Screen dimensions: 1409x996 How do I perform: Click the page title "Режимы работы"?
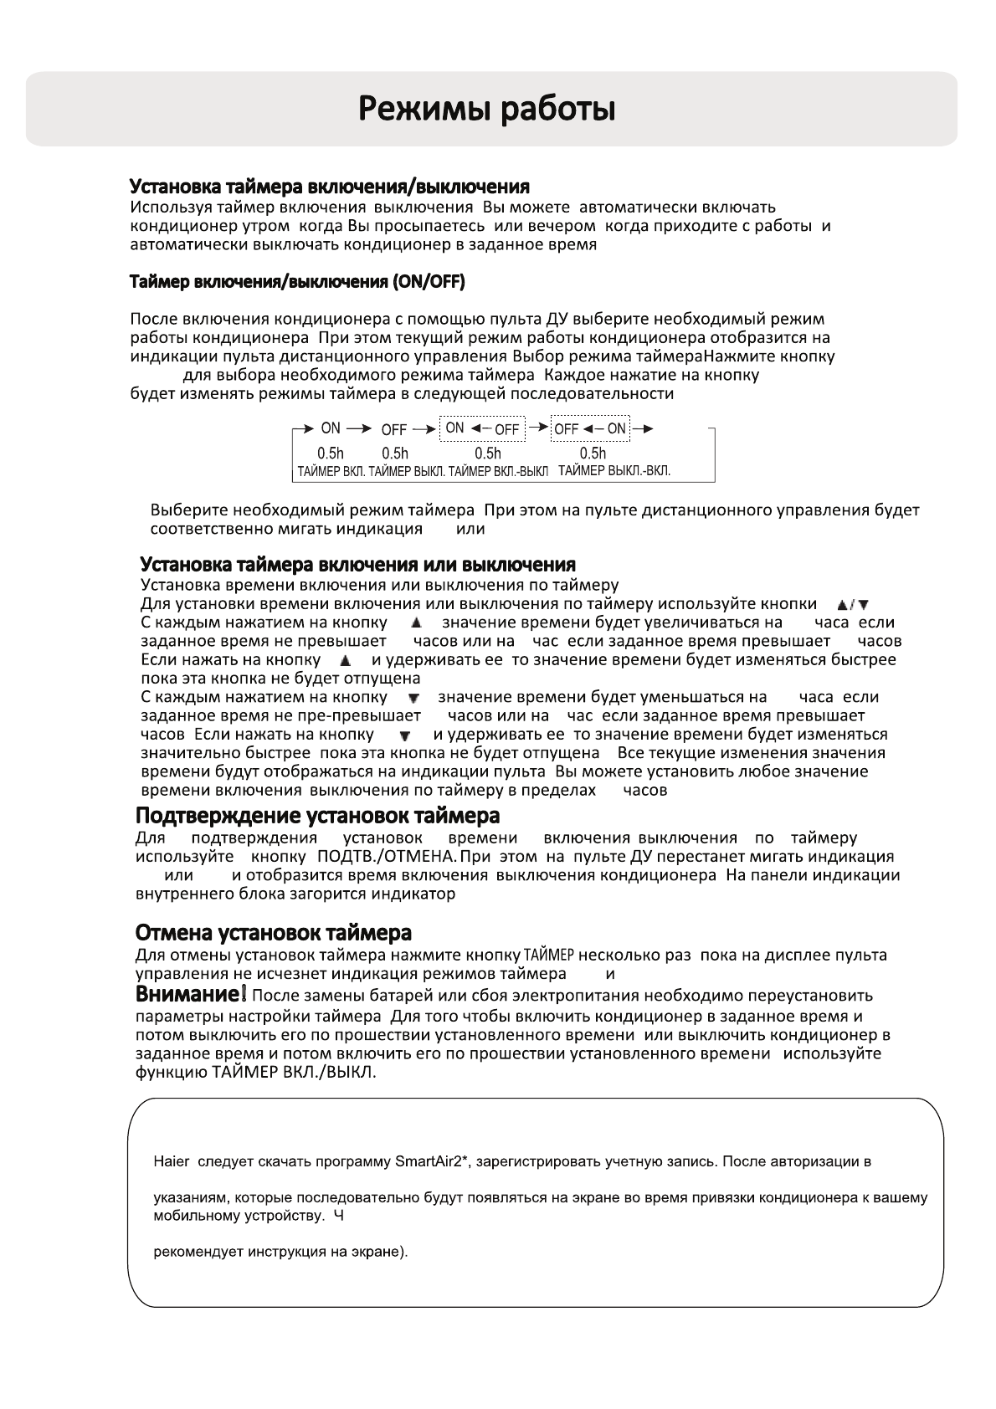click(488, 110)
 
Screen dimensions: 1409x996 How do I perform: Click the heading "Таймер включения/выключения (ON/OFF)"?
click(297, 282)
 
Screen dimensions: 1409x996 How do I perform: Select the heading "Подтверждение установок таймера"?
click(317, 815)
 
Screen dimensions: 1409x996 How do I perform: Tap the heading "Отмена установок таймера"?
click(273, 932)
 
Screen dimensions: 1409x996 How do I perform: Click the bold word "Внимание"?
click(188, 995)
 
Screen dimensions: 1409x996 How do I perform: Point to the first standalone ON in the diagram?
click(331, 428)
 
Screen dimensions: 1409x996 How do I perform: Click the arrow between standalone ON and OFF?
click(358, 429)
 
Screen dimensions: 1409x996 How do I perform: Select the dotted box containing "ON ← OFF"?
click(482, 429)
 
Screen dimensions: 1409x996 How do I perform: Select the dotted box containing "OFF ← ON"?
click(590, 429)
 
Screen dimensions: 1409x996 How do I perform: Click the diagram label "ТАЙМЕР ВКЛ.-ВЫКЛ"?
click(498, 471)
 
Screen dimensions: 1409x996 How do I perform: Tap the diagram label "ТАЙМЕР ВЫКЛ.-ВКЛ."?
click(614, 471)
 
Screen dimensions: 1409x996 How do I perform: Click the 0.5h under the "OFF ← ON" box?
click(593, 453)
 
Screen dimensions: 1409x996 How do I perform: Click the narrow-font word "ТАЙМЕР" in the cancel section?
click(549, 955)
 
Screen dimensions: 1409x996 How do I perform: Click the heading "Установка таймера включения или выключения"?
click(357, 565)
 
